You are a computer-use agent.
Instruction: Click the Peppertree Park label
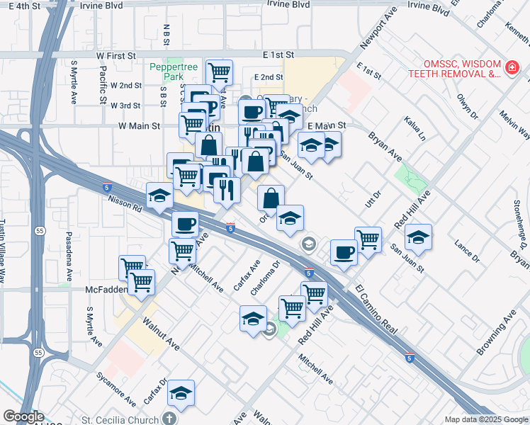[x=173, y=72]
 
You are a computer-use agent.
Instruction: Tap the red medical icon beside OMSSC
[x=512, y=68]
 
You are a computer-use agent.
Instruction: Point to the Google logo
[x=23, y=416]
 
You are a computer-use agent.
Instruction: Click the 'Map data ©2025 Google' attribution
[x=486, y=419]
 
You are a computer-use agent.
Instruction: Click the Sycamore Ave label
[x=117, y=392]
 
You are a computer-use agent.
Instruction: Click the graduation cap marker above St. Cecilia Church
[x=181, y=393]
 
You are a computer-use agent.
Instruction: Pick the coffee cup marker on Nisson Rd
[x=186, y=224]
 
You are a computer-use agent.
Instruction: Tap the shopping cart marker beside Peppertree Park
[x=219, y=72]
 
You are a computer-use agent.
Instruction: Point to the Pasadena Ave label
[x=69, y=248]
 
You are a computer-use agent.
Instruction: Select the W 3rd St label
[x=125, y=106]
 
